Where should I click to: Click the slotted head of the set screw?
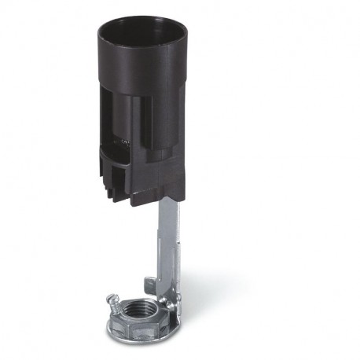(x=112, y=299)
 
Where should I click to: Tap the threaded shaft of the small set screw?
(x=123, y=303)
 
